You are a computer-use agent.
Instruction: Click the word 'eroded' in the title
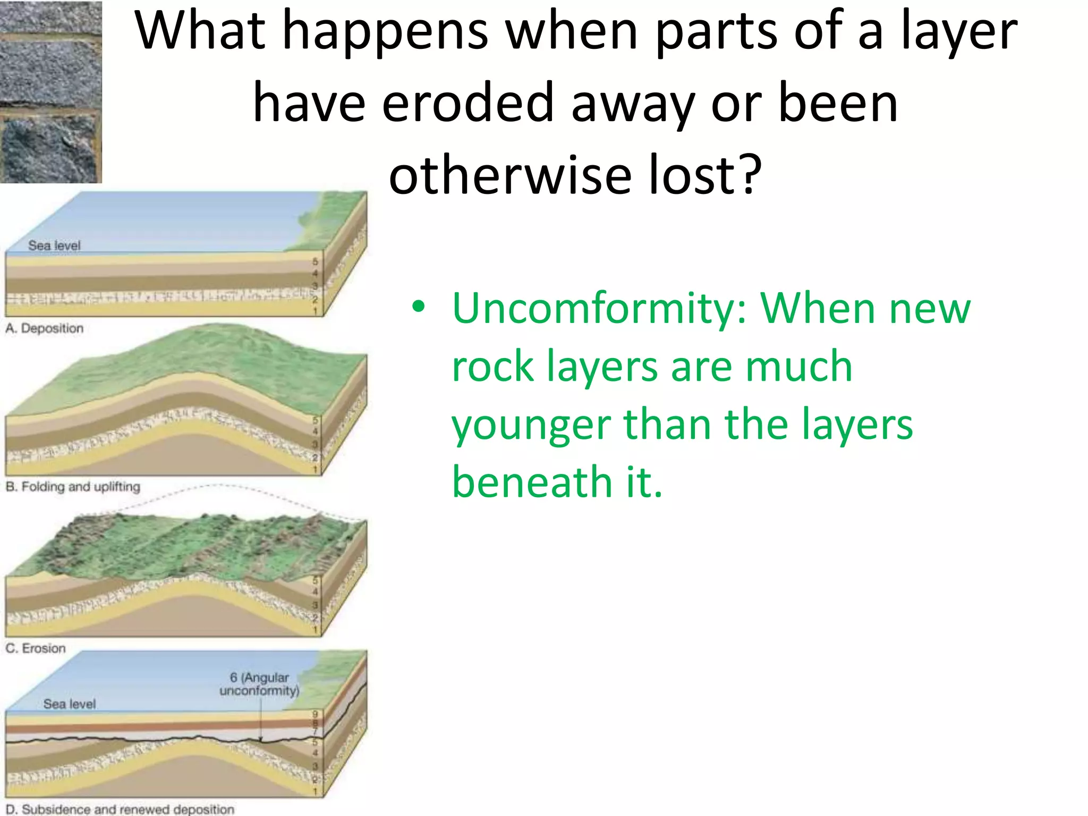[x=468, y=103]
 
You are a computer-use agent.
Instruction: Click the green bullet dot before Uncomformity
[x=419, y=307]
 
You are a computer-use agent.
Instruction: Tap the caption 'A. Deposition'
[x=45, y=328]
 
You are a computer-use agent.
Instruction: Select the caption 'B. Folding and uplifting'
[x=73, y=487]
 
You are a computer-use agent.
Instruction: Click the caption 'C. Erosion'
[x=36, y=648]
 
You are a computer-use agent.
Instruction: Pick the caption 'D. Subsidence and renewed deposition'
[x=120, y=809]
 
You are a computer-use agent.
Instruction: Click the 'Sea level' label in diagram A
[x=54, y=245]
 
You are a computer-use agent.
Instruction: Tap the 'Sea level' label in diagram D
[x=70, y=704]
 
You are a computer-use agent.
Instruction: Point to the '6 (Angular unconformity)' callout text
[x=259, y=684]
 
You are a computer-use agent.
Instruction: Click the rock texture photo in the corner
[x=50, y=91]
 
